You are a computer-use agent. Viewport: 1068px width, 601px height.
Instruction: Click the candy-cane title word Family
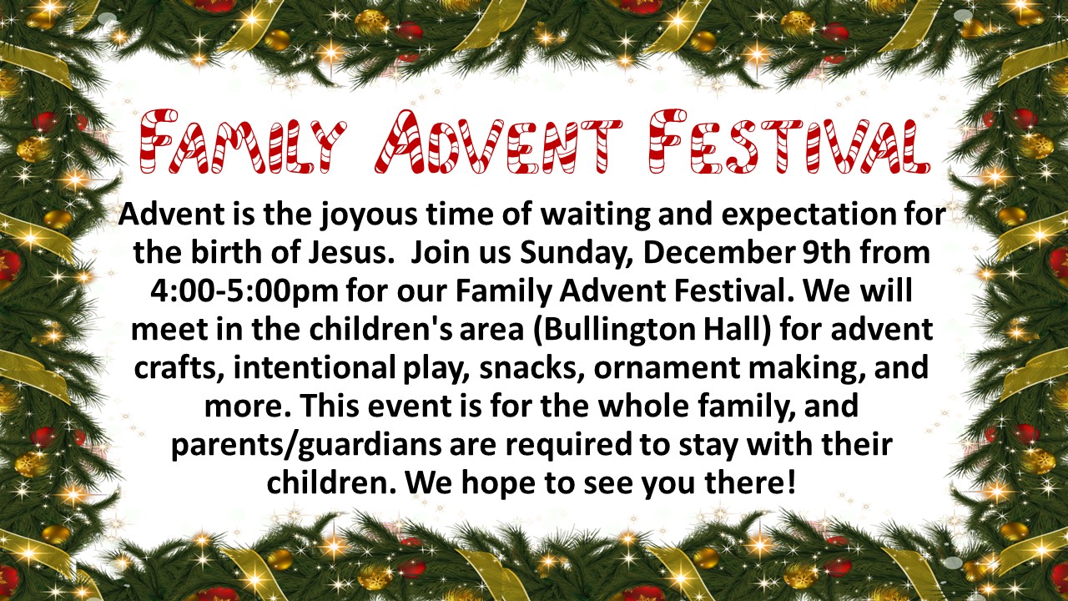point(243,142)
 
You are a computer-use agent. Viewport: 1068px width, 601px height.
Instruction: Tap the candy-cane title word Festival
point(789,142)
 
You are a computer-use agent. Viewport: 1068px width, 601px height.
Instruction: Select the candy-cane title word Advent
point(498,142)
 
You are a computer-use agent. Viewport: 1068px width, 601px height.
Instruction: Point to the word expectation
point(809,215)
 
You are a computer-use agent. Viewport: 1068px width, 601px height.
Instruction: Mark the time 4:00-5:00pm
point(244,292)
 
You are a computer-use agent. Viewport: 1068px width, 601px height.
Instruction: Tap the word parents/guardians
point(306,446)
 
